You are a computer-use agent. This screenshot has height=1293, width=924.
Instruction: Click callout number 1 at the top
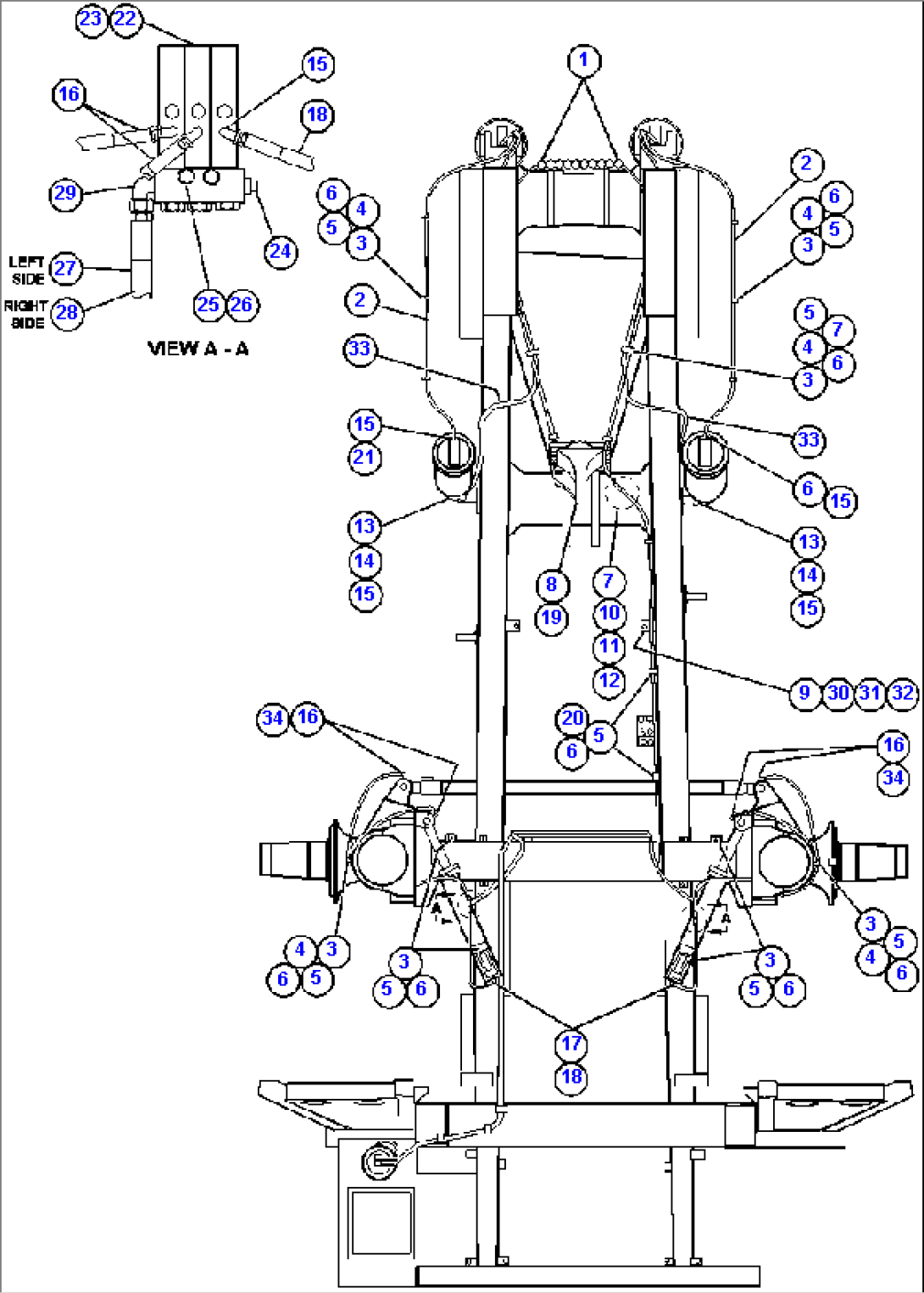pyautogui.click(x=582, y=60)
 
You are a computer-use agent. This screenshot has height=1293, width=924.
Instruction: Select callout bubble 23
pyautogui.click(x=91, y=19)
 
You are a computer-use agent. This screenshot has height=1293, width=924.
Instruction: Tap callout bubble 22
pyautogui.click(x=125, y=19)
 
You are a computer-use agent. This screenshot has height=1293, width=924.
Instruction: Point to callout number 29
pyautogui.click(x=65, y=193)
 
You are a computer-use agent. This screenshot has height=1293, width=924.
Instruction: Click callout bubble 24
pyautogui.click(x=280, y=251)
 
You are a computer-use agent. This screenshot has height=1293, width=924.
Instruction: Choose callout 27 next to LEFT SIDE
pyautogui.click(x=65, y=269)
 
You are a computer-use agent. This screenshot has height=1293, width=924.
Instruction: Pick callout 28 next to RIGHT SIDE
pyautogui.click(x=66, y=313)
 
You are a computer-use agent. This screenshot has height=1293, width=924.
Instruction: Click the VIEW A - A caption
pyautogui.click(x=198, y=348)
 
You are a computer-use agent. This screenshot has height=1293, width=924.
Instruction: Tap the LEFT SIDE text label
pyautogui.click(x=26, y=270)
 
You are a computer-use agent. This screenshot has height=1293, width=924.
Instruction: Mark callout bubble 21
pyautogui.click(x=365, y=458)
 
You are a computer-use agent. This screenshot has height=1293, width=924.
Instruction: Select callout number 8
pyautogui.click(x=552, y=584)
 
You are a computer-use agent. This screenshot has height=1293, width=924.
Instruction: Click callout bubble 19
pyautogui.click(x=552, y=617)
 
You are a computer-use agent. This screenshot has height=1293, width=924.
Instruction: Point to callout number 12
pyautogui.click(x=610, y=681)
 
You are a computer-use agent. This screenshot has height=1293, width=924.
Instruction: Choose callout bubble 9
pyautogui.click(x=804, y=693)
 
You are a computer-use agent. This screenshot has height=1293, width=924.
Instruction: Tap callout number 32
pyautogui.click(x=904, y=693)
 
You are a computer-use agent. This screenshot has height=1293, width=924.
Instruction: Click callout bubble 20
pyautogui.click(x=572, y=718)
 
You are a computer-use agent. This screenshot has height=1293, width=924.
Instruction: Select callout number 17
pyautogui.click(x=572, y=1044)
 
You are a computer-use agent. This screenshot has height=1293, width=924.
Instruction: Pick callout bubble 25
pyautogui.click(x=208, y=305)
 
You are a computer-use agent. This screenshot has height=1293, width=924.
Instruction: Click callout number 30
pyautogui.click(x=838, y=693)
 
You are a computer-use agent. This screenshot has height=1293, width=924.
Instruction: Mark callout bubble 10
pyautogui.click(x=610, y=613)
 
